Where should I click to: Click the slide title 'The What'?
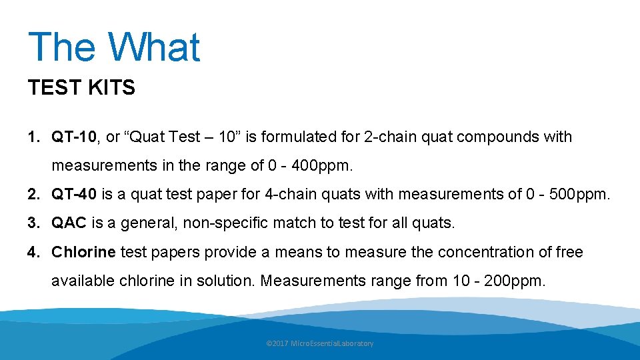[114, 47]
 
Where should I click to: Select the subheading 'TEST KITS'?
[81, 87]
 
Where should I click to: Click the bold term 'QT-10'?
[74, 137]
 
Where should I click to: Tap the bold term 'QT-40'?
[74, 195]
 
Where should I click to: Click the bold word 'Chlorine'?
[84, 252]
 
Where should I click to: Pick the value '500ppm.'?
[574, 195]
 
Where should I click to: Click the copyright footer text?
[320, 343]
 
